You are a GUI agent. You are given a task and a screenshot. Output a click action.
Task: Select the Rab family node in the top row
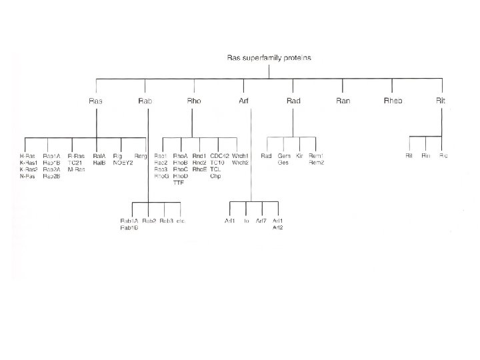(145, 101)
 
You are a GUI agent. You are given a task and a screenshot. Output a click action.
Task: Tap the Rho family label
(193, 101)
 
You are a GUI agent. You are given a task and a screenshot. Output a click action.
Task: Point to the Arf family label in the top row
(243, 101)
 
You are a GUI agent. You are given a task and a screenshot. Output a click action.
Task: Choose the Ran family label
(343, 101)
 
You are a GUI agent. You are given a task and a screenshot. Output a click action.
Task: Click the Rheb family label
(393, 101)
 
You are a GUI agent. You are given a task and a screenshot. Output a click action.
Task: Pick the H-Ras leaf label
(27, 156)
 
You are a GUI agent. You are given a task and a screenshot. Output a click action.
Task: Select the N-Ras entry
(27, 176)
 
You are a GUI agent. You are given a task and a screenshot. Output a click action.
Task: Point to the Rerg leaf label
(140, 156)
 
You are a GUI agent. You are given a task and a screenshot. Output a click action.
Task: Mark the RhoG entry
(161, 176)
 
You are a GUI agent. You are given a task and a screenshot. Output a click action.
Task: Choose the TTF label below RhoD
(178, 183)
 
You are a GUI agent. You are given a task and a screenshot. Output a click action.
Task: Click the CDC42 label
(219, 156)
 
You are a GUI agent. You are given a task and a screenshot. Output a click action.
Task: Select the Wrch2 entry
(240, 163)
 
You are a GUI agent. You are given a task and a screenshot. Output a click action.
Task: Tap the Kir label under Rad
(299, 156)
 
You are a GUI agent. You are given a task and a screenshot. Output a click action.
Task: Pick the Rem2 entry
(317, 163)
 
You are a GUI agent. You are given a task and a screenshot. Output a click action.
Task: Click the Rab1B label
(129, 227)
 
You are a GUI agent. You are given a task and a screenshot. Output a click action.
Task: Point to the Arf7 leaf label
(261, 221)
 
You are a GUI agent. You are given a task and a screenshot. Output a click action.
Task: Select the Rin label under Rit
(426, 156)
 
